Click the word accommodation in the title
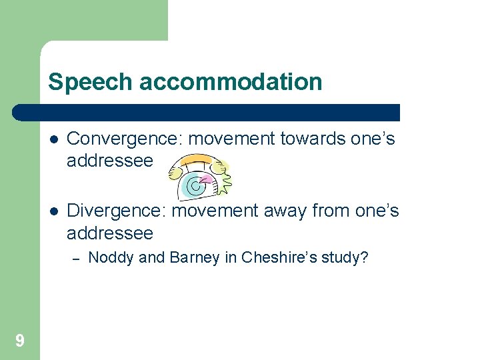point(229,82)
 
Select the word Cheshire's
point(273,257)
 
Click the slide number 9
point(20,341)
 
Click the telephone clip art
point(198,176)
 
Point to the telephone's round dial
point(195,185)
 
